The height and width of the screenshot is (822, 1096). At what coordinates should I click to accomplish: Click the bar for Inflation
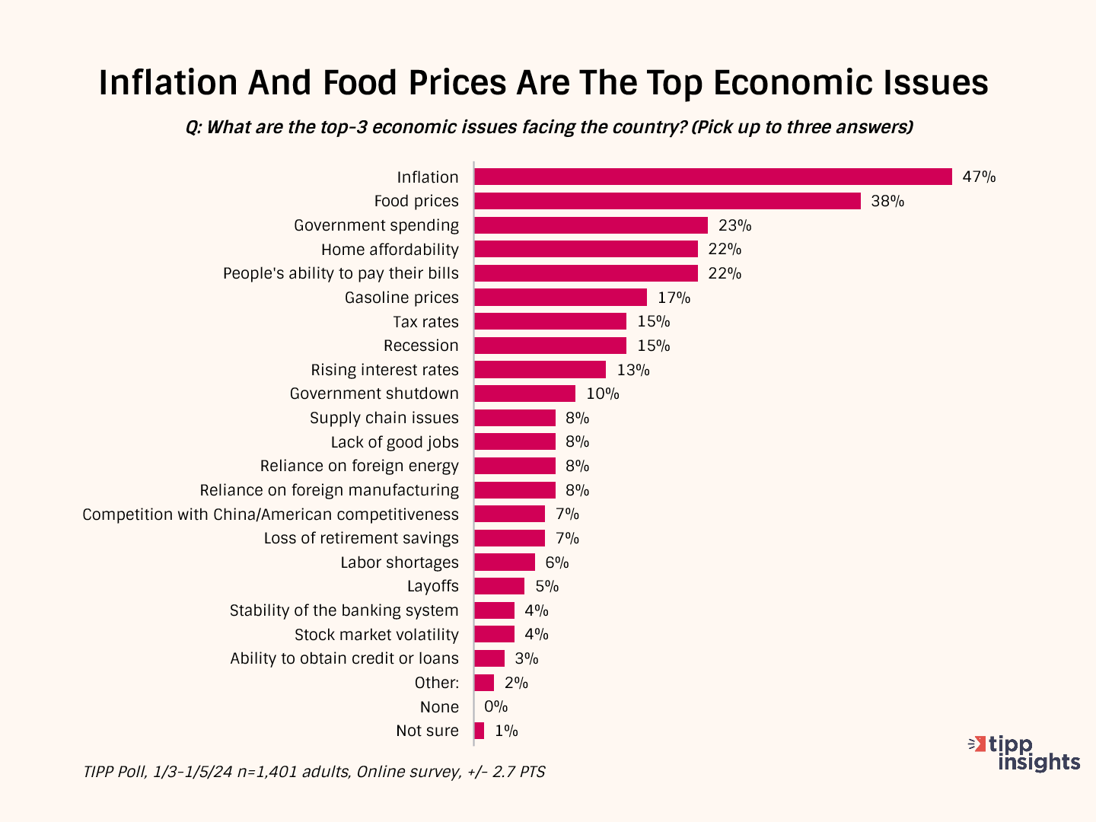pyautogui.click(x=712, y=177)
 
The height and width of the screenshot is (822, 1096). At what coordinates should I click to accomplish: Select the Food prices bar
pyautogui.click(x=667, y=201)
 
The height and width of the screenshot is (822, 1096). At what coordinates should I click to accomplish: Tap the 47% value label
pyautogui.click(x=979, y=177)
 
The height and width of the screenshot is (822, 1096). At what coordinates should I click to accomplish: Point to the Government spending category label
pyautogui.click(x=376, y=225)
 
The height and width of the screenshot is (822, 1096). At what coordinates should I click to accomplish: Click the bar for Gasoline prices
pyautogui.click(x=560, y=298)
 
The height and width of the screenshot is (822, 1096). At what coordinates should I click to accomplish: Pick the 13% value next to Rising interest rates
pyautogui.click(x=633, y=370)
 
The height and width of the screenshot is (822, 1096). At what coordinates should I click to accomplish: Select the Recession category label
pyautogui.click(x=421, y=346)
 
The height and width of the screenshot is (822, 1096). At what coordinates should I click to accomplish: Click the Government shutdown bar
pyautogui.click(x=524, y=393)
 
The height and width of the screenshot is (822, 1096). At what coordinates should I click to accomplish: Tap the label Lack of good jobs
pyautogui.click(x=394, y=442)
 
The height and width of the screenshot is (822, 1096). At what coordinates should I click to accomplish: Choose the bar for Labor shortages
pyautogui.click(x=504, y=562)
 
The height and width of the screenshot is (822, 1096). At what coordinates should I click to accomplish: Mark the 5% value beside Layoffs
pyautogui.click(x=547, y=586)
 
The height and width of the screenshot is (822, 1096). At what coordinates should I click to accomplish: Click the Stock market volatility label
pyautogui.click(x=376, y=635)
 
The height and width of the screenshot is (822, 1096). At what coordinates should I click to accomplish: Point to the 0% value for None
pyautogui.click(x=495, y=706)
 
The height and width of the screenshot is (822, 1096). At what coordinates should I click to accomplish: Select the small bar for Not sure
pyautogui.click(x=479, y=731)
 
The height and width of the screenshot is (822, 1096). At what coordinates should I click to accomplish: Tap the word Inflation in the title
pyautogui.click(x=167, y=82)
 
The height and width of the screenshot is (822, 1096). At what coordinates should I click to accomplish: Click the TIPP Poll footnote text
pyautogui.click(x=314, y=772)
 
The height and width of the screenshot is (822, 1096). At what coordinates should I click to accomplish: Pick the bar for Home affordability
pyautogui.click(x=585, y=249)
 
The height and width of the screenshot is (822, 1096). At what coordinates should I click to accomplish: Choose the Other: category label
pyautogui.click(x=436, y=683)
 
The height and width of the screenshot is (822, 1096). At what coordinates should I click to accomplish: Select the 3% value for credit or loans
pyautogui.click(x=527, y=658)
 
